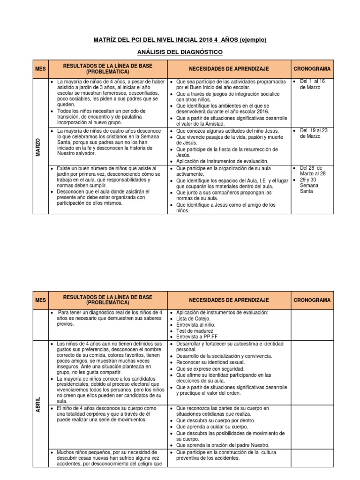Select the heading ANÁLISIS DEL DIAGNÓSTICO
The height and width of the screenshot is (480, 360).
180,52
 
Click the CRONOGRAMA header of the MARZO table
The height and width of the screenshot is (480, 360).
311,68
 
